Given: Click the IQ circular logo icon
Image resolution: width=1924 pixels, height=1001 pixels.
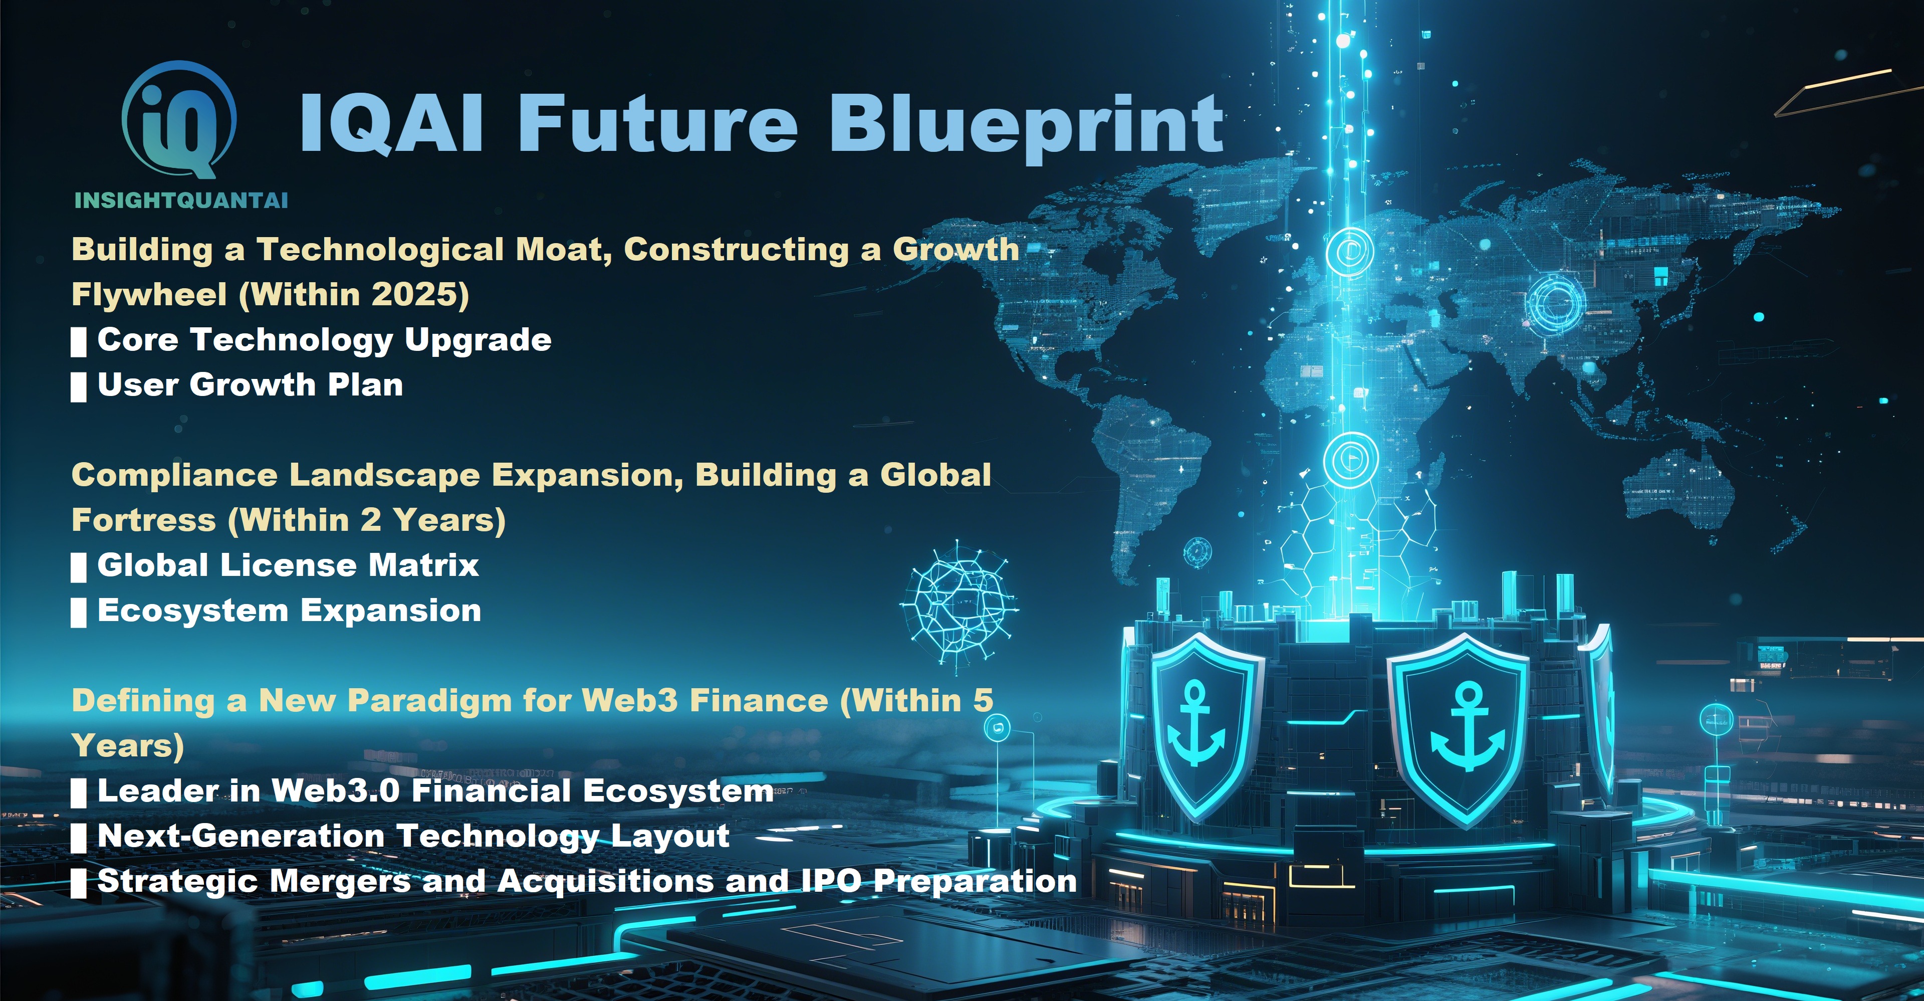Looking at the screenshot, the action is pyautogui.click(x=179, y=119).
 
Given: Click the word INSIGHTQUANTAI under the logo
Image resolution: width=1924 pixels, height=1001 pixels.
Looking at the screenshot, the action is pyautogui.click(x=181, y=200).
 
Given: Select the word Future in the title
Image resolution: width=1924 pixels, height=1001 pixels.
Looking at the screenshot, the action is pyautogui.click(x=658, y=124).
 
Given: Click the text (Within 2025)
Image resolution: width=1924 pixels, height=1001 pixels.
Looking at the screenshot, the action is pyautogui.click(x=354, y=294).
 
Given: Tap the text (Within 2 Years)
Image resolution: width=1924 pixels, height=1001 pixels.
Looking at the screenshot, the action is pyautogui.click(x=367, y=520).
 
